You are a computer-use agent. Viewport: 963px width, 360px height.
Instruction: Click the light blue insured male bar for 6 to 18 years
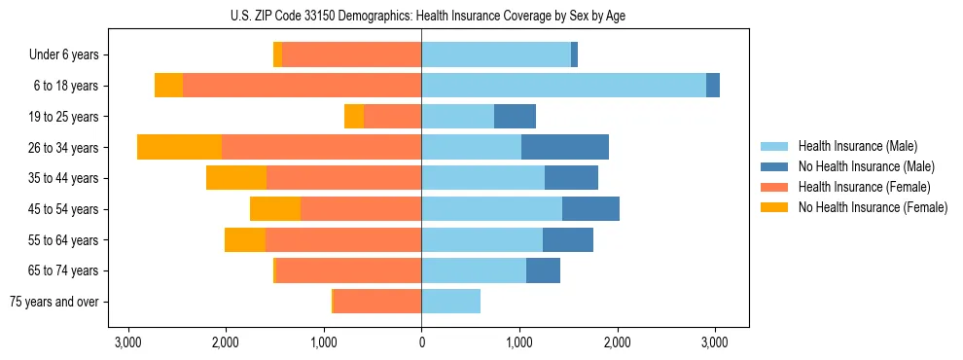pyautogui.click(x=563, y=86)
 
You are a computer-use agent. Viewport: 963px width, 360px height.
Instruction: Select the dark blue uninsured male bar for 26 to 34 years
pyautogui.click(x=565, y=147)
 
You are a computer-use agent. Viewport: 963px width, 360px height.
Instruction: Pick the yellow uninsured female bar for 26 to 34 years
pyautogui.click(x=179, y=147)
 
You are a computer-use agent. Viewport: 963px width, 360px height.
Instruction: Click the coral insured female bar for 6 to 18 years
pyautogui.click(x=302, y=86)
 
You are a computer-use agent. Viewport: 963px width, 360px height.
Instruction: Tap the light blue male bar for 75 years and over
pyautogui.click(x=450, y=302)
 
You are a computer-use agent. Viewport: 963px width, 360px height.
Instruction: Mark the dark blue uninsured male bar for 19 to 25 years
pyautogui.click(x=515, y=117)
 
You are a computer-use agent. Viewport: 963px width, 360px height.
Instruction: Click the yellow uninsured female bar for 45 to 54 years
pyautogui.click(x=275, y=209)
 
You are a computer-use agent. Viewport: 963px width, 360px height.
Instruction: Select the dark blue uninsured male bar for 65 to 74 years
pyautogui.click(x=543, y=270)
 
